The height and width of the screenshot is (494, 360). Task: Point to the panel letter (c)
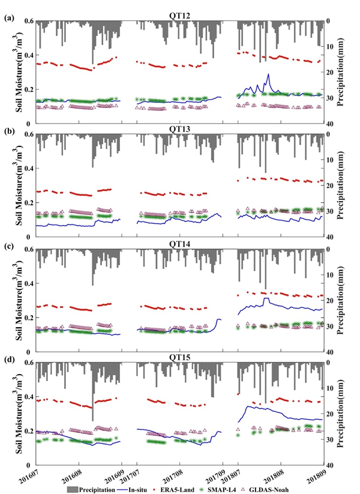[x=9, y=245]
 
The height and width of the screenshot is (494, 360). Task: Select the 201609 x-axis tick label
[x=115, y=474]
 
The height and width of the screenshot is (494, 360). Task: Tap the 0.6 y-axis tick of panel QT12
[x=28, y=21]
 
